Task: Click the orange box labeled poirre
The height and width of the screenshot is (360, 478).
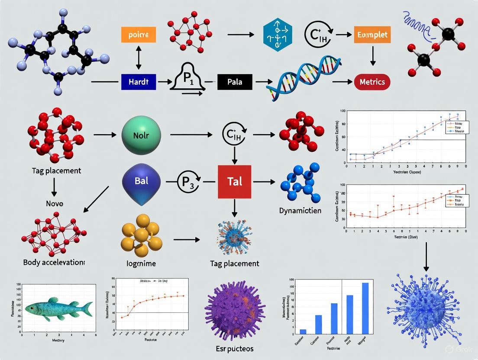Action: click(x=139, y=35)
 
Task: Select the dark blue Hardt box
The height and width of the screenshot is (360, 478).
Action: click(x=138, y=81)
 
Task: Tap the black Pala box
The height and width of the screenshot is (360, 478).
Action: click(x=234, y=81)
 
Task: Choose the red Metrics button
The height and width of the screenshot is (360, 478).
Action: click(x=372, y=81)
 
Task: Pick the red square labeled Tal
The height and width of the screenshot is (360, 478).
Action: click(x=234, y=181)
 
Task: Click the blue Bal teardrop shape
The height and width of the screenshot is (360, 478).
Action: click(x=142, y=182)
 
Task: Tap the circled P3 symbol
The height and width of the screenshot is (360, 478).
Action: click(x=187, y=181)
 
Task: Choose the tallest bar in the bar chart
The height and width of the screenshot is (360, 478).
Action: click(x=365, y=308)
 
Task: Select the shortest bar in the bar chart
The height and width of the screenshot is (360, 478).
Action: click(x=303, y=331)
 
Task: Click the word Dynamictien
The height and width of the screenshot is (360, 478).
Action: click(x=300, y=211)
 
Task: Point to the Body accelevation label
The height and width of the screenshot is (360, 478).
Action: click(x=54, y=262)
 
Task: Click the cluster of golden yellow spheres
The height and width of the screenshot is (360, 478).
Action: click(x=142, y=235)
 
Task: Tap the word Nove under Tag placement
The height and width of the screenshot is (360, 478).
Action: click(x=54, y=203)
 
